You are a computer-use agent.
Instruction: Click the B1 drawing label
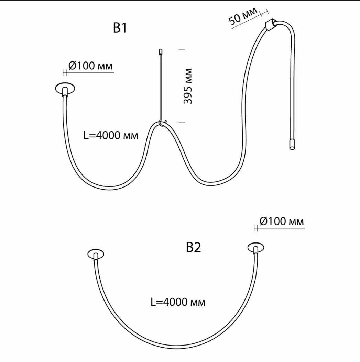pyautogui.click(x=120, y=28)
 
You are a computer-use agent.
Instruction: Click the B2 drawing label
pyautogui.click(x=193, y=248)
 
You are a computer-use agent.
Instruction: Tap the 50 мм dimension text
pyautogui.click(x=243, y=16)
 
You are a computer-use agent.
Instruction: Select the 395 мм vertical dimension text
pyautogui.click(x=188, y=86)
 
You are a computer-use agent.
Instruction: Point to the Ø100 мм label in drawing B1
pyautogui.click(x=90, y=66)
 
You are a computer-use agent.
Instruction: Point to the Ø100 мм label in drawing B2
pyautogui.click(x=282, y=221)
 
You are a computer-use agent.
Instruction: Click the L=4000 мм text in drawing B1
pyautogui.click(x=111, y=135)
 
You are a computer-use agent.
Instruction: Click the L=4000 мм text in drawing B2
pyautogui.click(x=178, y=302)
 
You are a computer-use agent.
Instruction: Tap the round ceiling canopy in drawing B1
pyautogui.click(x=65, y=88)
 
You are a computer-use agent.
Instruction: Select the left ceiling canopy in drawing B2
pyautogui.click(x=96, y=254)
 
